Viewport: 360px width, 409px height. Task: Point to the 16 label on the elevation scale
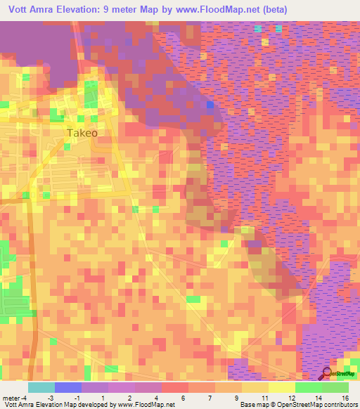[344, 397]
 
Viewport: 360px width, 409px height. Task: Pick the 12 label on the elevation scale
[292, 397]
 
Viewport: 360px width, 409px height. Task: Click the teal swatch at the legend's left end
[41, 387]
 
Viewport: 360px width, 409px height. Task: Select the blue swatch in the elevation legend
[68, 387]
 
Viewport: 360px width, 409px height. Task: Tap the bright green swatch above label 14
[308, 387]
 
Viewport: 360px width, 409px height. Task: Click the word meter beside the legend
[11, 397]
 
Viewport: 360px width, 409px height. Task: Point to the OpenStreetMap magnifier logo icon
[327, 374]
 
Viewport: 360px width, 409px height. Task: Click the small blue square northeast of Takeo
[210, 105]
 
